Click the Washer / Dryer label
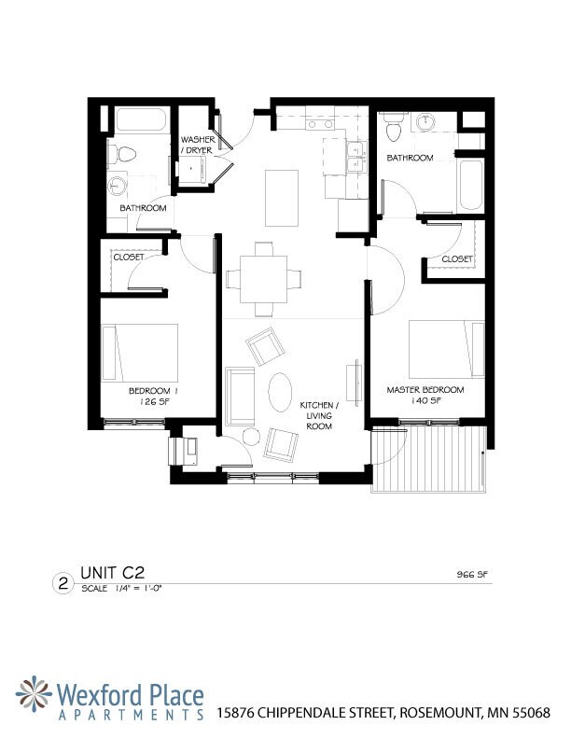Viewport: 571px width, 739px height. point(197,145)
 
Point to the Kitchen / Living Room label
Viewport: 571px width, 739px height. point(316,416)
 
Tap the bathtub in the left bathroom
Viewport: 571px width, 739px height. point(141,121)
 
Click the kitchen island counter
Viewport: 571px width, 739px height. point(281,197)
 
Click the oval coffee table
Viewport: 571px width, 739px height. point(279,392)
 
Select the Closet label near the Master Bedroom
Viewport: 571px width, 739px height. point(457,258)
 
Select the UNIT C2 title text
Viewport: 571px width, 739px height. point(111,571)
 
